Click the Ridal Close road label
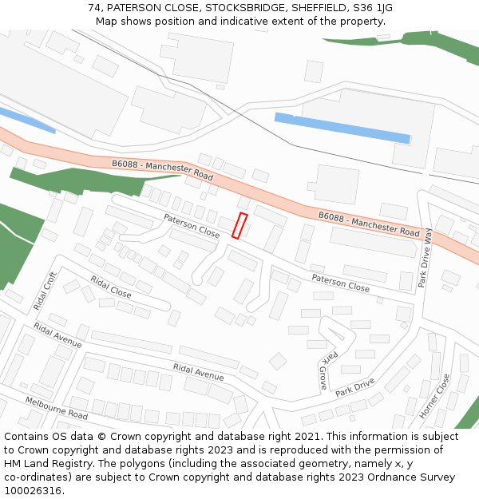point(111,287)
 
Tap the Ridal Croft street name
point(46,291)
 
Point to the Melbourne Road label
point(56,408)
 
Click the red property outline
point(239,225)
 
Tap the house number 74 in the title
point(95,7)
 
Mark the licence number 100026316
point(34,490)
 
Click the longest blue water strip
point(342,128)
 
